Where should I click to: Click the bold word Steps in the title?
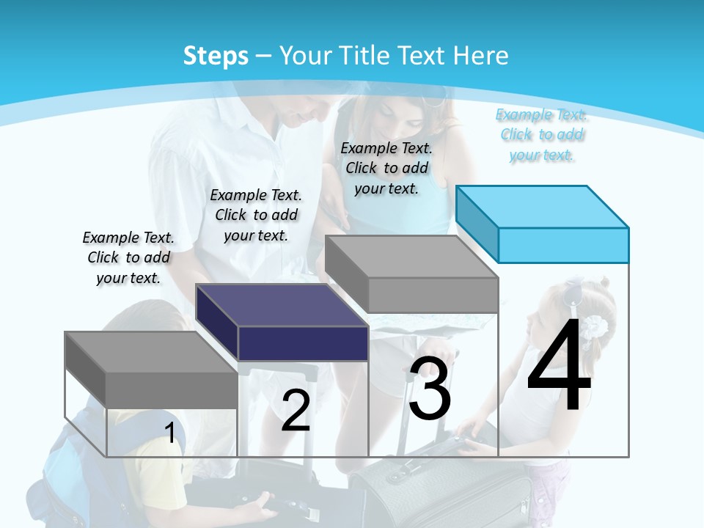(x=216, y=56)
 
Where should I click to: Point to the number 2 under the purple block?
(x=296, y=411)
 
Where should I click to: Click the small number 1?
(x=170, y=433)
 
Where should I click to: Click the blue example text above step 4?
(x=542, y=134)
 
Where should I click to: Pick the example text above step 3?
(x=386, y=168)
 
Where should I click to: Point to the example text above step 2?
(x=256, y=215)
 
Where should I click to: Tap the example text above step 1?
(x=128, y=257)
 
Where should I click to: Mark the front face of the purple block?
(x=303, y=343)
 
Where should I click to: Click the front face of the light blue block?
(x=563, y=245)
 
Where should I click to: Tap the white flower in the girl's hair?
(x=595, y=327)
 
